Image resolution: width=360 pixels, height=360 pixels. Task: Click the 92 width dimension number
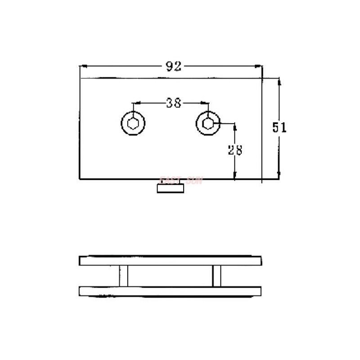click(x=173, y=67)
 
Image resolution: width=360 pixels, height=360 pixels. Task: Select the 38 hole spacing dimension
click(x=173, y=103)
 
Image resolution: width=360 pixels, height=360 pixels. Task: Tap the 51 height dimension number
click(x=279, y=127)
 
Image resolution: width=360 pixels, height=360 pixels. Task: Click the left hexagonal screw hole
click(x=134, y=122)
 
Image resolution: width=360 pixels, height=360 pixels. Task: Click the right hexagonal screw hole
click(x=208, y=122)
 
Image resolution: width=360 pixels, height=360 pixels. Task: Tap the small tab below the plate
click(x=171, y=188)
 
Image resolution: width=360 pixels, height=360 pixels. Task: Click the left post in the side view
click(x=123, y=275)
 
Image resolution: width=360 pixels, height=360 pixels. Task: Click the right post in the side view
click(x=217, y=275)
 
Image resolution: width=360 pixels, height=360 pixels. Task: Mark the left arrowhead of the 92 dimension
click(x=83, y=67)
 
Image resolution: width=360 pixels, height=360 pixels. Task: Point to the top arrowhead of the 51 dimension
click(x=279, y=81)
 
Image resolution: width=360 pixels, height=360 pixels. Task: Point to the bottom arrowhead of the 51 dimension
click(x=279, y=175)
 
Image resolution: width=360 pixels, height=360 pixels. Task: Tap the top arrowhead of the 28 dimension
click(x=234, y=126)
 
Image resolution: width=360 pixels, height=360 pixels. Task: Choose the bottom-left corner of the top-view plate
click(x=80, y=179)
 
